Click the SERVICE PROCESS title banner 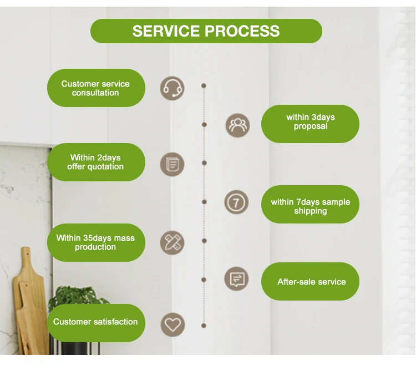206,31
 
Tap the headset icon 173,88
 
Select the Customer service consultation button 95,88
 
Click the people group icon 237,125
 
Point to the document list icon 173,164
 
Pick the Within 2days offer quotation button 95,162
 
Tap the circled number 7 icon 236,202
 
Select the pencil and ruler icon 173,242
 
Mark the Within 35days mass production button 95,242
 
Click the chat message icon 236,278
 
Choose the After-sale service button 310,282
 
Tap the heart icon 173,324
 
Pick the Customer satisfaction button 95,322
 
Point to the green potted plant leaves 78,299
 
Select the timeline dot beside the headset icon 204,86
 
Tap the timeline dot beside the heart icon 204,326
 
